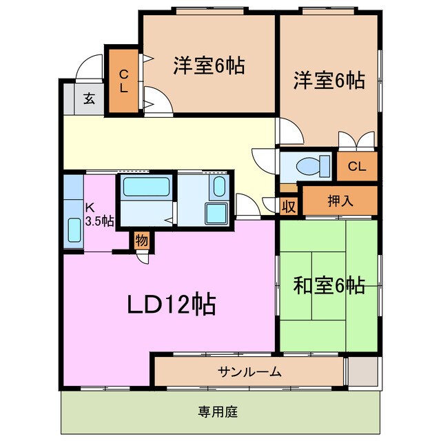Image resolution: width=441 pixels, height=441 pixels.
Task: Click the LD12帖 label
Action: point(170,304)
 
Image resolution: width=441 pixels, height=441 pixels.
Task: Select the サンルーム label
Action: point(250,372)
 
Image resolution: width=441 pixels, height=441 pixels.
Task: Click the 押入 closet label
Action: point(340,201)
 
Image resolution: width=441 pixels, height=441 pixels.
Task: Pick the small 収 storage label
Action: point(289,205)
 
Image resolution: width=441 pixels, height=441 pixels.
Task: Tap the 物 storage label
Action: point(141,241)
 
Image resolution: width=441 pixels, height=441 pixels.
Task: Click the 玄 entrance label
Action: point(90,98)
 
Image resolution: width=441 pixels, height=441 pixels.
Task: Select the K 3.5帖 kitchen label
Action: point(99,215)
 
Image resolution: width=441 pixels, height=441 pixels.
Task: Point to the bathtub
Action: point(145,187)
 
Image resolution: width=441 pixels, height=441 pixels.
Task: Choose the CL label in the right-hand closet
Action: point(357,166)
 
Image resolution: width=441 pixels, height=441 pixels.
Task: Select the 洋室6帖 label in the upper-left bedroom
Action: point(208,66)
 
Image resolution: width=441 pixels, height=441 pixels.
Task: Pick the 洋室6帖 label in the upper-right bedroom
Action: point(330,80)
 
